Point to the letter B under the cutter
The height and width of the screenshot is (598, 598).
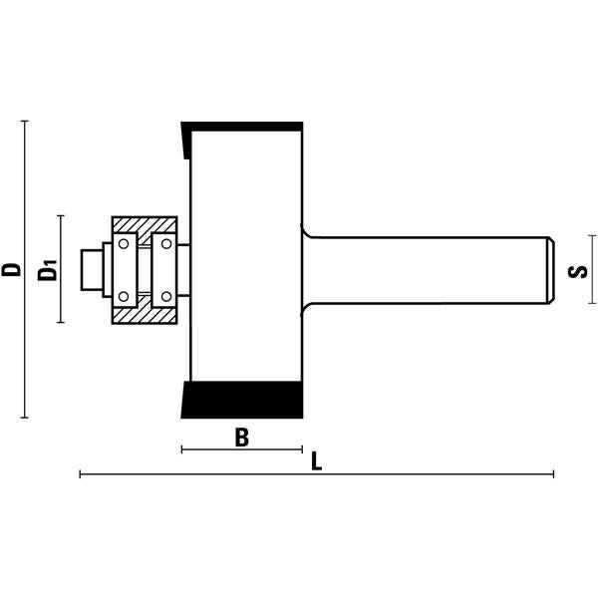point(240,437)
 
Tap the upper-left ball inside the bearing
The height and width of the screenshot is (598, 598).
point(123,242)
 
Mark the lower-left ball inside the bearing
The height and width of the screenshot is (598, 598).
point(123,296)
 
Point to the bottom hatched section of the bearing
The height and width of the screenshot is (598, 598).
point(144,314)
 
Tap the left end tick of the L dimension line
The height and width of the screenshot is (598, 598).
point(81,474)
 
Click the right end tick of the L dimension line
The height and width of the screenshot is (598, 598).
point(553,474)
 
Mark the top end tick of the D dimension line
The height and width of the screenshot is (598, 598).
point(24,122)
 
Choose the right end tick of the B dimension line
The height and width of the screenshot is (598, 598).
point(302,450)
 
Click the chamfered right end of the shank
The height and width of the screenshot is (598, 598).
point(549,269)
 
